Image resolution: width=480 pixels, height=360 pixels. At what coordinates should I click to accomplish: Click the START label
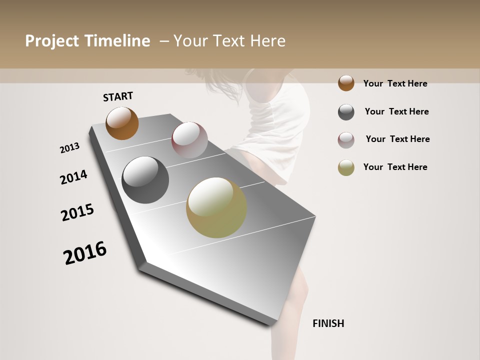pyautogui.click(x=118, y=96)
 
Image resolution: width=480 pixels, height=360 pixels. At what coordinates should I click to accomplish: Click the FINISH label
pyautogui.click(x=328, y=323)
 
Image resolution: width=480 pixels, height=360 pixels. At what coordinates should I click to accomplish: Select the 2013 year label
pyautogui.click(x=69, y=148)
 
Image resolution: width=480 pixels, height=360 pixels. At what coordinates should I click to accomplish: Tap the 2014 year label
pyautogui.click(x=73, y=177)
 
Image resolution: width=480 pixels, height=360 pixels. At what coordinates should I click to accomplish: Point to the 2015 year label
pyautogui.click(x=77, y=212)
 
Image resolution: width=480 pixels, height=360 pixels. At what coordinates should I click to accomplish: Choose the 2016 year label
pyautogui.click(x=85, y=252)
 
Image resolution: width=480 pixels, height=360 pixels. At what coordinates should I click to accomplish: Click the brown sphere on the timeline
pyautogui.click(x=122, y=123)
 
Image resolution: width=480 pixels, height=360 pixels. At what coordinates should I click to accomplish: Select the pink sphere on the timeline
pyautogui.click(x=189, y=139)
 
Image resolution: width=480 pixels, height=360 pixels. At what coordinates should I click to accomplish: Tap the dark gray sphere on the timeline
pyautogui.click(x=145, y=179)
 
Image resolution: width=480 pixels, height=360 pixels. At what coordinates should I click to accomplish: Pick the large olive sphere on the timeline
pyautogui.click(x=216, y=207)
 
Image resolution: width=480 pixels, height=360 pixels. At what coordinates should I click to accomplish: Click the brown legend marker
pyautogui.click(x=346, y=83)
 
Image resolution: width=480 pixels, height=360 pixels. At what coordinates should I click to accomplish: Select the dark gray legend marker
pyautogui.click(x=346, y=112)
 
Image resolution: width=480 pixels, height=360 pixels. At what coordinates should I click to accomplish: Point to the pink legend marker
pyautogui.click(x=346, y=140)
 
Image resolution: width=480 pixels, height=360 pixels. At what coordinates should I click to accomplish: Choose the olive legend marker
pyautogui.click(x=346, y=167)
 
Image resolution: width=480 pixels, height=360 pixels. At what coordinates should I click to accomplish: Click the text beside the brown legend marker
pyautogui.click(x=395, y=83)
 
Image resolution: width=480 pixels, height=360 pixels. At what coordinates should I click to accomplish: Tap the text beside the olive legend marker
pyautogui.click(x=395, y=167)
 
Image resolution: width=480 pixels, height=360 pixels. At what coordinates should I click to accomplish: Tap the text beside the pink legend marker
pyautogui.click(x=397, y=139)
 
